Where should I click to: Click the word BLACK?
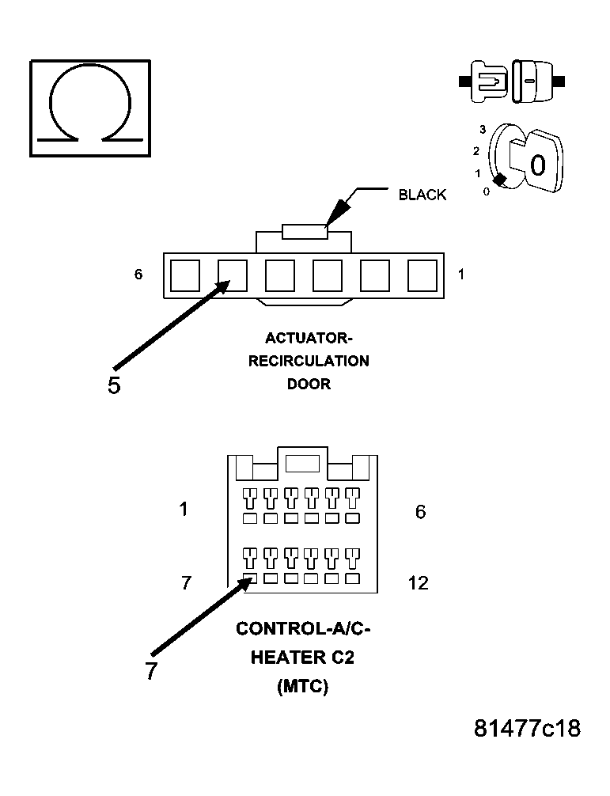422,195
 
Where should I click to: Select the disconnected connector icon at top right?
512,81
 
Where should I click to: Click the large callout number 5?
114,385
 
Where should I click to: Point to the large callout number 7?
151,671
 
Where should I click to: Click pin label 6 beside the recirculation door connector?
138,274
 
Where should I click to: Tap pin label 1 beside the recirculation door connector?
460,274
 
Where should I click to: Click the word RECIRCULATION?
309,361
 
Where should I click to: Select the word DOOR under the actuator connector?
309,384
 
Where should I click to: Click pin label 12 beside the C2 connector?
419,583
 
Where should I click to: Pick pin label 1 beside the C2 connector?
184,509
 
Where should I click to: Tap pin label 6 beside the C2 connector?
420,512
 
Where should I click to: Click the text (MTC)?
303,686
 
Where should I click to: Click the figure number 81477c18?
527,729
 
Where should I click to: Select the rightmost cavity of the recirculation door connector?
422,275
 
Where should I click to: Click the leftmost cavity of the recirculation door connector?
184,275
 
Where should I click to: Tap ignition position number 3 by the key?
483,130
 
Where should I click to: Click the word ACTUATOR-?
309,338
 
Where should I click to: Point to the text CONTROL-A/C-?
303,628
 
